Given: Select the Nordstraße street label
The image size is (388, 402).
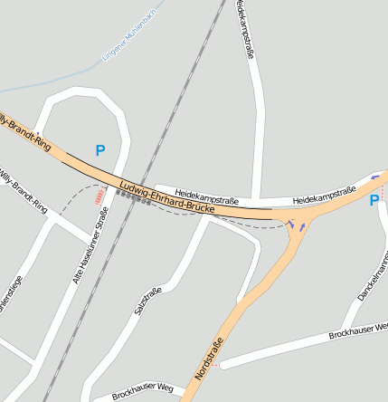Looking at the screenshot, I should (209, 359).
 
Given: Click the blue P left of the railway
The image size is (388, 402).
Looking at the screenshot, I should (100, 151).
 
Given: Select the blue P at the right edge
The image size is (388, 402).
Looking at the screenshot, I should (374, 200).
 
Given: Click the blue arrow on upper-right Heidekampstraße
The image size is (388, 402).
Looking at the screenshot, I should (375, 177).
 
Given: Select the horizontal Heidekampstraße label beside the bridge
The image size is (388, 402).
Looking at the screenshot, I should (207, 195).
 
